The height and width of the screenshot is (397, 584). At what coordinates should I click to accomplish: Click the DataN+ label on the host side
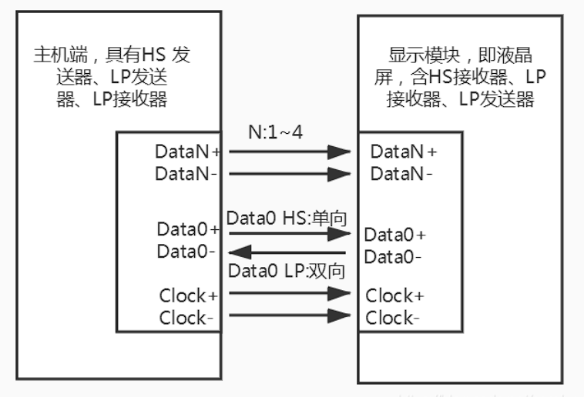188,152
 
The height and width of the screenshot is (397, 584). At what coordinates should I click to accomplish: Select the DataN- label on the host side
186,173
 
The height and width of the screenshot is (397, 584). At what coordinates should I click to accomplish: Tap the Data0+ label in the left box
189,229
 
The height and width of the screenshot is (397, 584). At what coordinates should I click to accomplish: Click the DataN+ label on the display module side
404,152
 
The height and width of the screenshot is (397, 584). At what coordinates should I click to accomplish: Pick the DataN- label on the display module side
401,174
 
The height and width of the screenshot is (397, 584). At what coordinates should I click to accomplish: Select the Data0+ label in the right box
394,235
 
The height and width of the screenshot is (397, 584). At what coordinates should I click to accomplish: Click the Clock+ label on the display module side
395,295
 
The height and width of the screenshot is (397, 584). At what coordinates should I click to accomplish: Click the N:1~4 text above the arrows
275,132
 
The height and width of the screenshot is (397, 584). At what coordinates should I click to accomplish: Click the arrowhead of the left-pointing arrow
238,251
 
